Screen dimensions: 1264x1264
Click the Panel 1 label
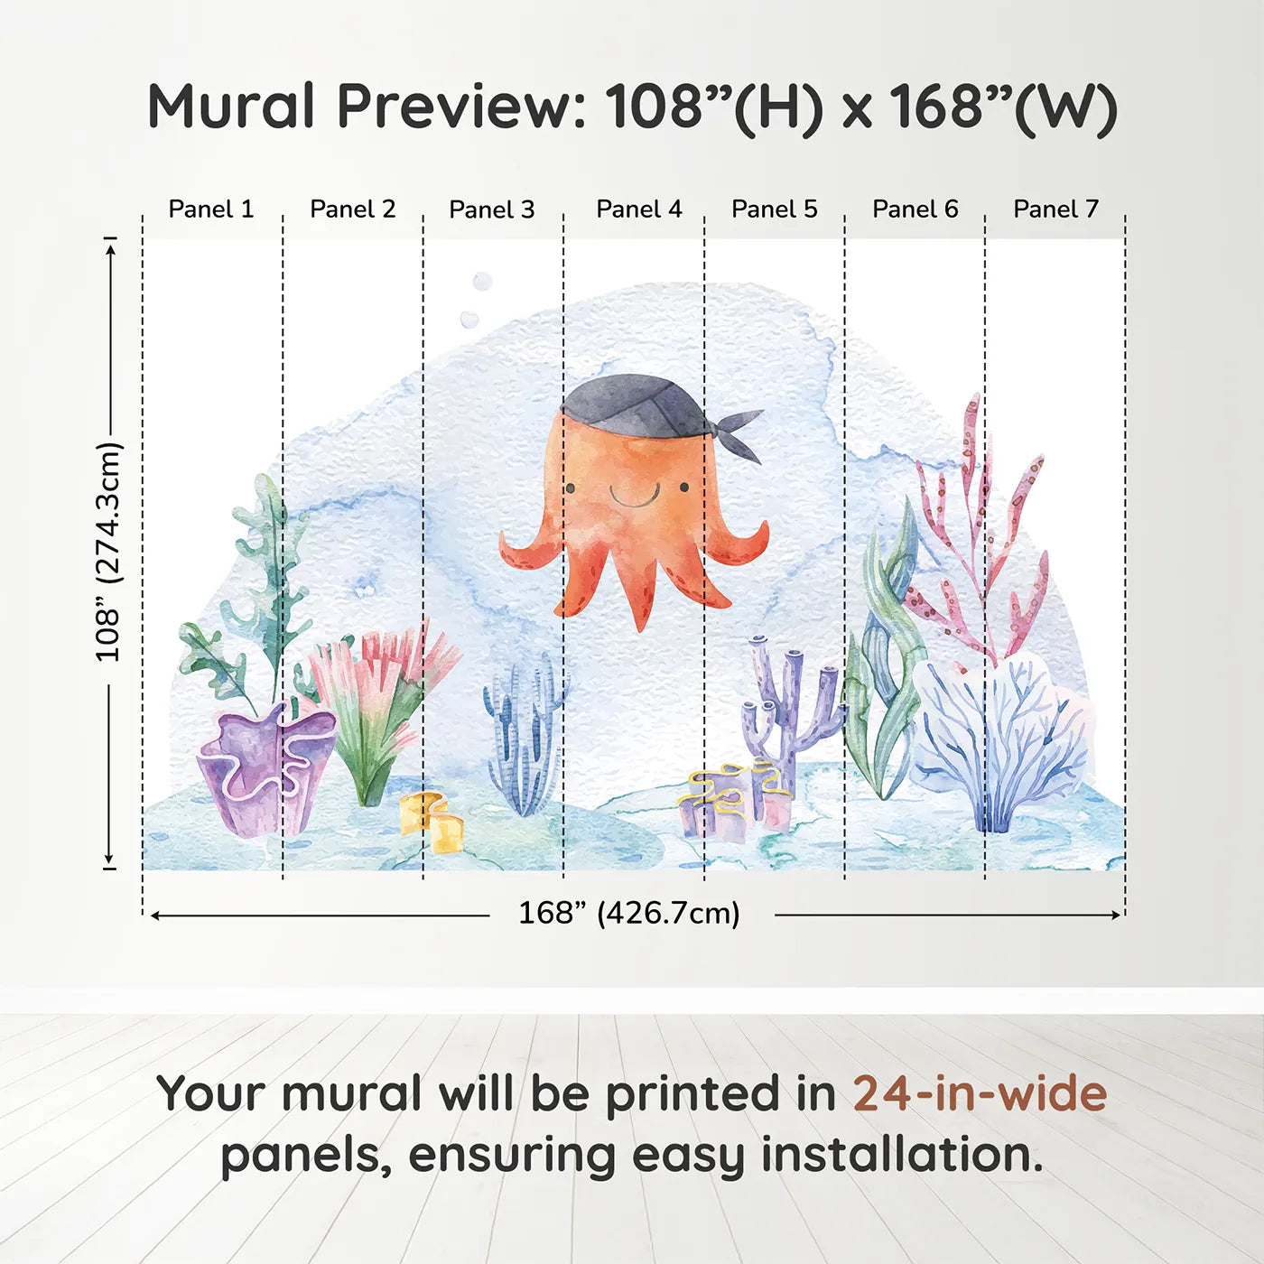[x=211, y=209]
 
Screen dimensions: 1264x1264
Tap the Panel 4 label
[x=638, y=209]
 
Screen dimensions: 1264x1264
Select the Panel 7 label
[x=1055, y=209]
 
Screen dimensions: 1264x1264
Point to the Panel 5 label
[x=774, y=209]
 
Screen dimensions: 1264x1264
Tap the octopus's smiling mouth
[x=634, y=497]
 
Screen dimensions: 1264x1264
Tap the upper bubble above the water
[x=483, y=281]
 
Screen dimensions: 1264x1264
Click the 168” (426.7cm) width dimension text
[x=629, y=914]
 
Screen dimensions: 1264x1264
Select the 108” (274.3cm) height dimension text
[x=108, y=552]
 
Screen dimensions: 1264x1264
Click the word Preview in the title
[x=460, y=107]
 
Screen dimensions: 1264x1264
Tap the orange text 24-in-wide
[x=980, y=1093]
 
